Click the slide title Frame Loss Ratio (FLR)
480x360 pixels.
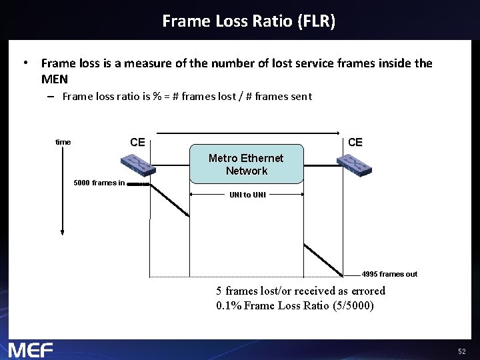[249, 21]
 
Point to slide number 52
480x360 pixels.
[462, 351]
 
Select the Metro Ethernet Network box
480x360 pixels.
[246, 165]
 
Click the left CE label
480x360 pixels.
[137, 142]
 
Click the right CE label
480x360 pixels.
[355, 142]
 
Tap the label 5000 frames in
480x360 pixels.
[99, 183]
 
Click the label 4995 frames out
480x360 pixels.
[389, 274]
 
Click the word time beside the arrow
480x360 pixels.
[63, 142]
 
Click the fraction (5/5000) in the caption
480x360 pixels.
[353, 306]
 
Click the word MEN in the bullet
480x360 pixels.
[54, 79]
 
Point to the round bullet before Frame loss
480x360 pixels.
[24, 63]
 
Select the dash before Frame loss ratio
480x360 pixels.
[51, 97]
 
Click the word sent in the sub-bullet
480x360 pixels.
[301, 97]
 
